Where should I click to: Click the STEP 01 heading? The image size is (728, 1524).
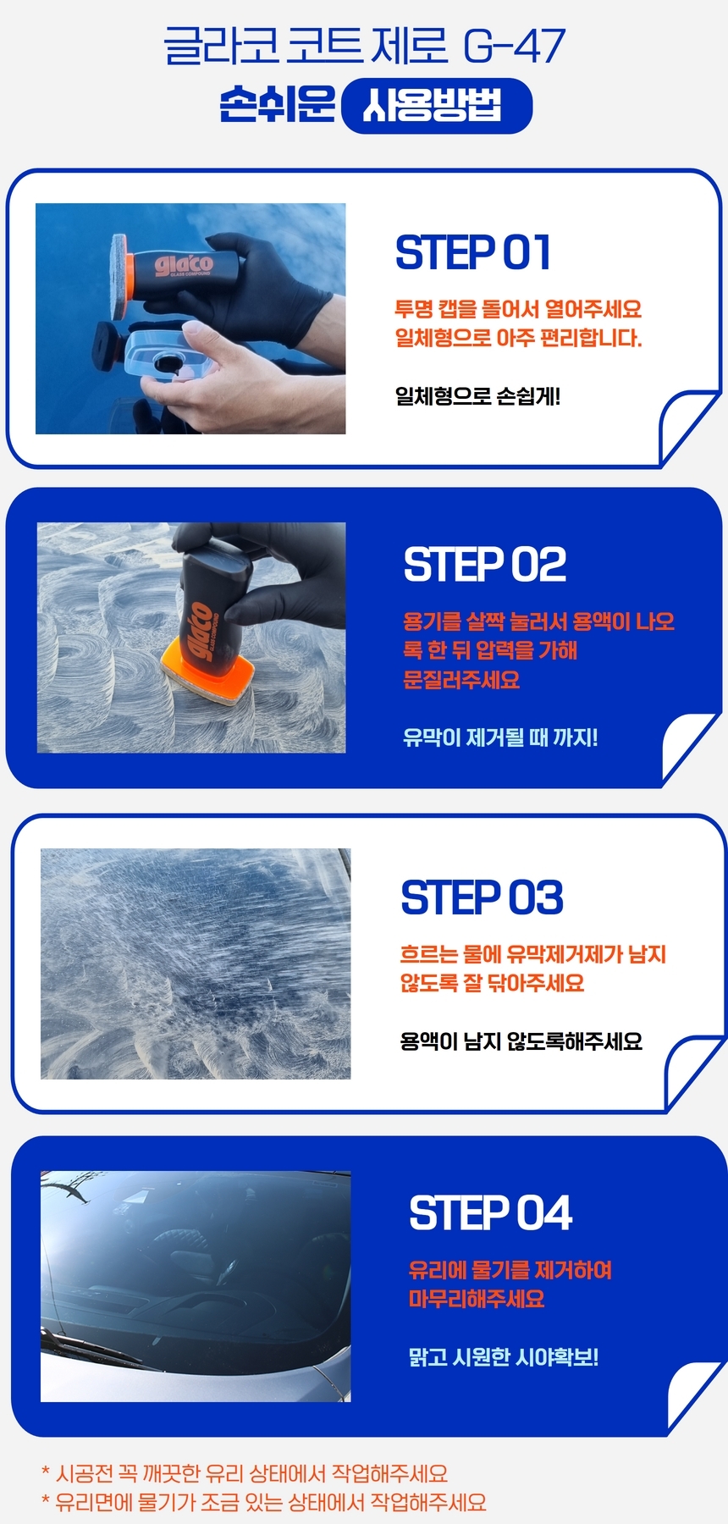coord(473,252)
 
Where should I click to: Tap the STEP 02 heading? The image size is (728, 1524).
coord(485,565)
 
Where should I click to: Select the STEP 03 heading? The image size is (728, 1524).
coord(482,897)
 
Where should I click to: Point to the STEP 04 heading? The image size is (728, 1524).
coord(491,1212)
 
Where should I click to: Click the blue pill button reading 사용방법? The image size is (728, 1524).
coord(436,106)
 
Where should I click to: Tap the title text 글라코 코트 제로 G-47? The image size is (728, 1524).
coord(364,47)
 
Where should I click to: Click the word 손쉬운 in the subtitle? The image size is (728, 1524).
coord(277,105)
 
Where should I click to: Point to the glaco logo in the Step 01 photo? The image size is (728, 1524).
coord(183,263)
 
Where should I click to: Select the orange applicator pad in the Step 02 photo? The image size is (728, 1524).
coord(208,669)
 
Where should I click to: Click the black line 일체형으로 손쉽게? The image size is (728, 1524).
coord(477,395)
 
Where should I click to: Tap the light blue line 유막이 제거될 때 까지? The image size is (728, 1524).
coord(500,737)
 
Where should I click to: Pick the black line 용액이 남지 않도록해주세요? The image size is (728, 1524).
coord(521,1041)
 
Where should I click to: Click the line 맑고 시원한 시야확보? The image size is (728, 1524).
coord(504,1357)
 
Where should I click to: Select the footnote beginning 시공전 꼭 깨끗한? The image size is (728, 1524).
coord(245,1474)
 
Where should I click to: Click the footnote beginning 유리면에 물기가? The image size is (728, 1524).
coord(264,1503)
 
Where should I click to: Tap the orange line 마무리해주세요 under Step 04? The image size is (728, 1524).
coord(477,1299)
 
